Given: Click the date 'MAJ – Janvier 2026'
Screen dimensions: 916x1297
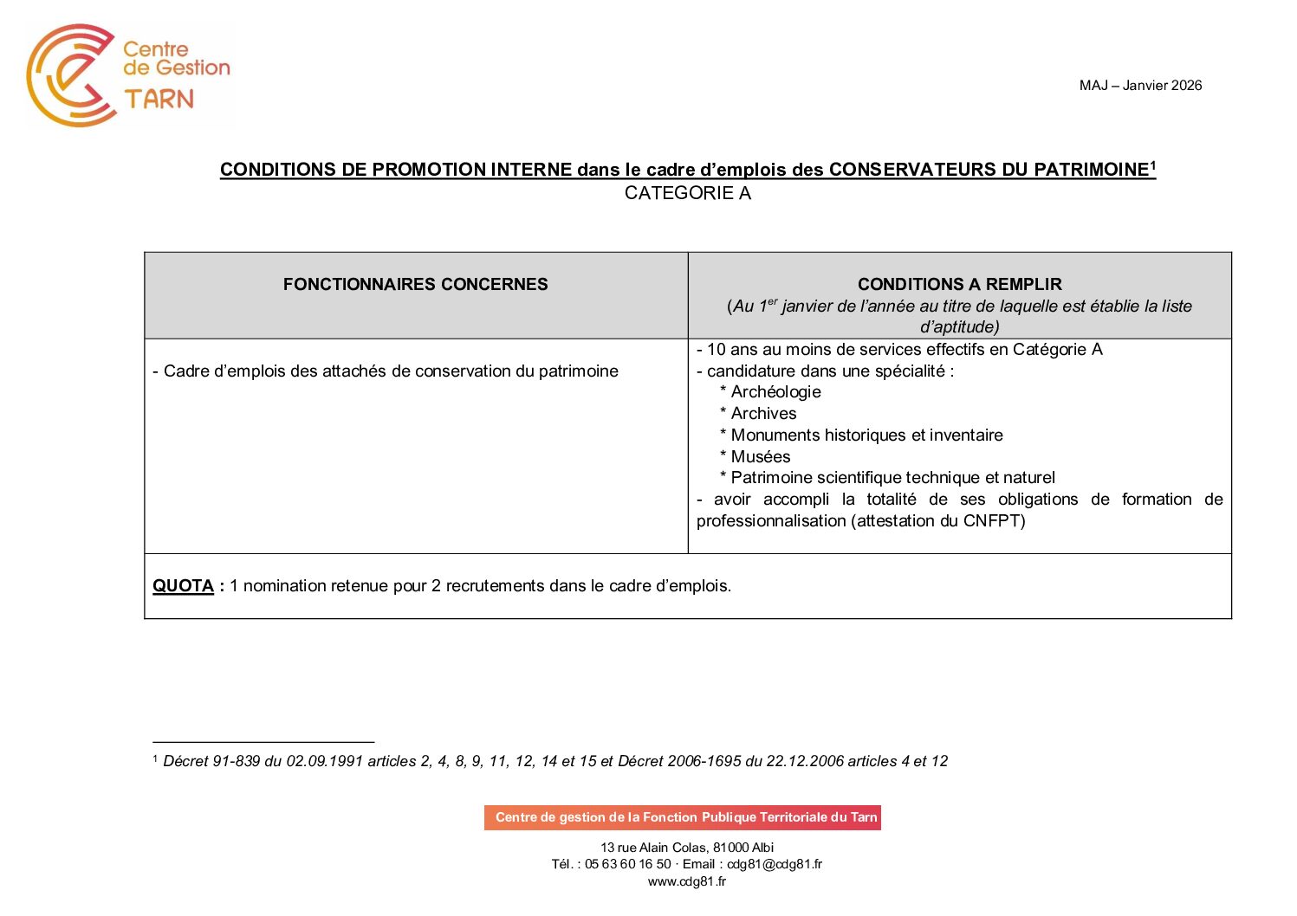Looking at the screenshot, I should coord(1140,85).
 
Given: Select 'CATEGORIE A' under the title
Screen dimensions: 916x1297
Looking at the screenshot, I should coord(687,193).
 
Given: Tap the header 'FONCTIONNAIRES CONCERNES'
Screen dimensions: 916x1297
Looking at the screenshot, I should coord(415,284).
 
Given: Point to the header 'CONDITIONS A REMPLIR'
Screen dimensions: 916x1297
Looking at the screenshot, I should coord(959,284).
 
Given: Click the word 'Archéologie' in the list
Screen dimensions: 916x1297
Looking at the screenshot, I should coord(775,392).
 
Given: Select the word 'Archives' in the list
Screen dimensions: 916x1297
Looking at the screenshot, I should coord(763,414).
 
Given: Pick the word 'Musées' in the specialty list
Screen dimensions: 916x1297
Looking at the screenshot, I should coord(760,456).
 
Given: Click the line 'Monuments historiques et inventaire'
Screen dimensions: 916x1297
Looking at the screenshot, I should coord(866,435).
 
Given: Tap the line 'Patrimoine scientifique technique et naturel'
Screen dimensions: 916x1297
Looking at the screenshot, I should coord(892,477).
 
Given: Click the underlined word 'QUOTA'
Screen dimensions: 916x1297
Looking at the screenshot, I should coord(183,586).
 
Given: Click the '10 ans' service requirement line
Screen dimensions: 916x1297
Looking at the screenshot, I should coord(899,349).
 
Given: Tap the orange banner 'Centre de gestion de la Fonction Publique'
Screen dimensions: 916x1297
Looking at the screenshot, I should coord(683,817).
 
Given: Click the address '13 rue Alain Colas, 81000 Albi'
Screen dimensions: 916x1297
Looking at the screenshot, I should coord(687,848).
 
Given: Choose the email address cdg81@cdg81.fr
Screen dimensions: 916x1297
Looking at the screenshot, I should coord(774,864).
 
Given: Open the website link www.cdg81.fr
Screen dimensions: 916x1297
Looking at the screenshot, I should coord(686,881).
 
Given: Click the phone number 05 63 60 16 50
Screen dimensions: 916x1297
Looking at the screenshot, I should coord(627,864).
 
